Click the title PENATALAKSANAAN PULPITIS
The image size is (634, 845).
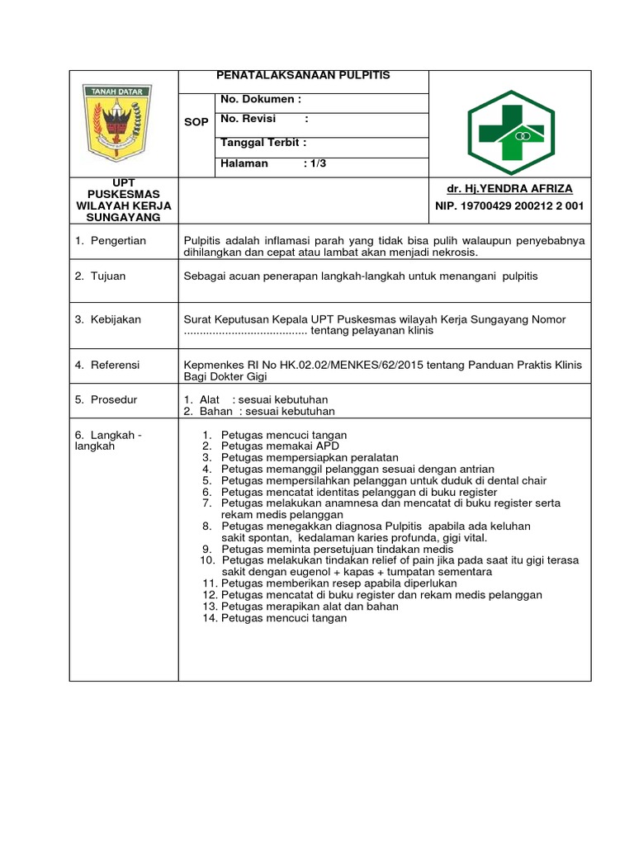coord(303,75)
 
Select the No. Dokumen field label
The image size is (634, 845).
coord(257,99)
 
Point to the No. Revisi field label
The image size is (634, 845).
coord(248,120)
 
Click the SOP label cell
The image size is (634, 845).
coord(196,121)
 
